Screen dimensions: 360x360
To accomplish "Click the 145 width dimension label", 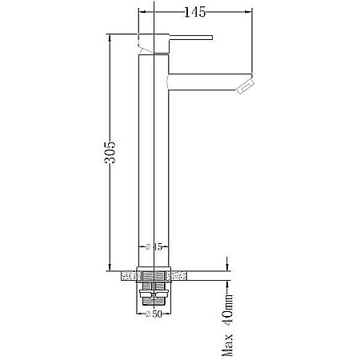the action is click(x=195, y=12).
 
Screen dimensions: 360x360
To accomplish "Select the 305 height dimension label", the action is click(x=110, y=152).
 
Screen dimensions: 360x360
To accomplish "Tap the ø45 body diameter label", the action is click(x=154, y=247).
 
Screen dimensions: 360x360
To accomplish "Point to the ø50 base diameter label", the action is click(x=154, y=314).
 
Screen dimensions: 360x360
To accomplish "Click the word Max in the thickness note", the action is click(x=227, y=345).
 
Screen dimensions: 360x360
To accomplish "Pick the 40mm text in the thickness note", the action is click(x=227, y=310).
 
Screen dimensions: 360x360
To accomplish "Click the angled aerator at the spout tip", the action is click(x=246, y=86).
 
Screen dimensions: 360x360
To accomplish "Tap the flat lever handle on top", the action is click(x=191, y=38).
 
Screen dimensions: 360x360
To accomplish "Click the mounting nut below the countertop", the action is click(x=154, y=294).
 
